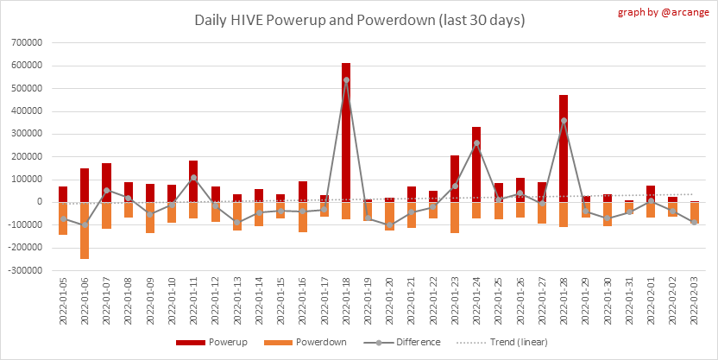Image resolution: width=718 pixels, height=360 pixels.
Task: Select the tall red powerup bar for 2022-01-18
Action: coord(346,129)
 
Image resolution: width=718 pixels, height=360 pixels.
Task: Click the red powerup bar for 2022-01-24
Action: coord(476,164)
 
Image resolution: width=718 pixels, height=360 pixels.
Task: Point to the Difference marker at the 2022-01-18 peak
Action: coord(346,80)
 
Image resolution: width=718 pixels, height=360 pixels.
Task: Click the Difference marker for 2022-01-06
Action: coord(85,224)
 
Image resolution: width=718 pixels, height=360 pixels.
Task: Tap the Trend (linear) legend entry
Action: coord(514,342)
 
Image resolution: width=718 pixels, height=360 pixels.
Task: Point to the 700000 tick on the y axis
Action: coord(30,42)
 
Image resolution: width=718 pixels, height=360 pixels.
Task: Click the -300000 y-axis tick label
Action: coord(28,270)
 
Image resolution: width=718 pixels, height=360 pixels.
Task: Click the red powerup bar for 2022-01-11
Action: coord(193,181)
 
